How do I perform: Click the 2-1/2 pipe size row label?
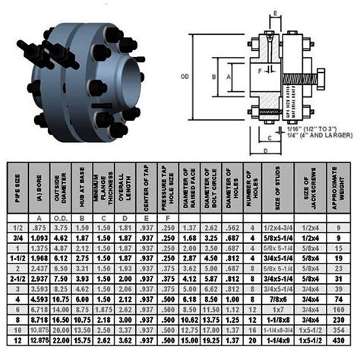pyautogui.click(x=16, y=279)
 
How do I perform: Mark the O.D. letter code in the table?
pyautogui.click(x=62, y=217)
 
